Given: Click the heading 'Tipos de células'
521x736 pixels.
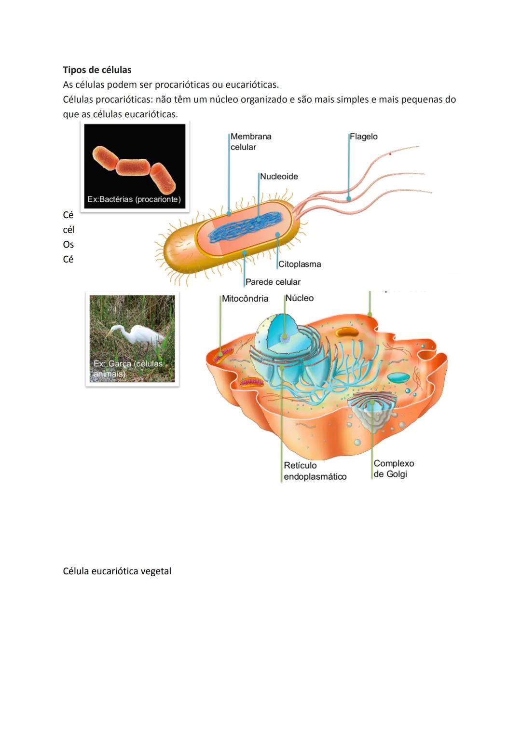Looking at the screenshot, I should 97,70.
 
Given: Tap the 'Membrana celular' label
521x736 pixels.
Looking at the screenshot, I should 250,142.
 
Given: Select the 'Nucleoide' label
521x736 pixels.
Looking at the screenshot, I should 279,177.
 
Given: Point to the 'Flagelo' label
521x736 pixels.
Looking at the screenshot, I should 363,137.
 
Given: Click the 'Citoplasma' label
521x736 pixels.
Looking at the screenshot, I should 299,264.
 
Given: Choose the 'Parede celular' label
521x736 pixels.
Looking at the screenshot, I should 273,282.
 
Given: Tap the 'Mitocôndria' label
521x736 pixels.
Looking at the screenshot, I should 245,299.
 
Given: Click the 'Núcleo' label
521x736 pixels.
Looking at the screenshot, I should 299,298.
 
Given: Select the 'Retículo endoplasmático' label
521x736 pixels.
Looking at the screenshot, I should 315,471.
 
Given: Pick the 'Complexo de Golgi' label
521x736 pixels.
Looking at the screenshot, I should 393,469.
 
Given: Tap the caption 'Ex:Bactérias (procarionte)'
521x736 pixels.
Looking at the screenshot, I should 134,199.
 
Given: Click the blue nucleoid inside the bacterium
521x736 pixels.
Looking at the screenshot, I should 246,227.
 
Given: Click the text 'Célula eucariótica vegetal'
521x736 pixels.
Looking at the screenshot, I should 117,571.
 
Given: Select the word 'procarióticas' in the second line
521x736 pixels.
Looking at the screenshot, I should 182,85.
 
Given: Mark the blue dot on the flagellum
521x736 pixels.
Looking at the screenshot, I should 348,198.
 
